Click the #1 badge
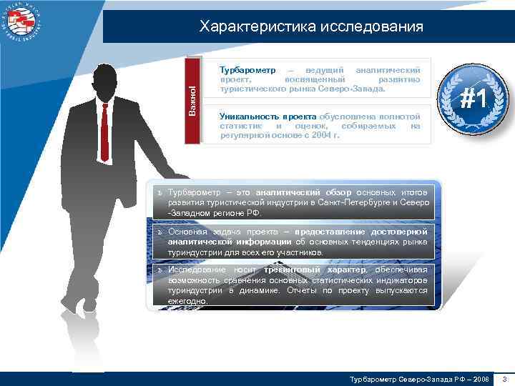[468, 98]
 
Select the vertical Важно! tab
[192, 100]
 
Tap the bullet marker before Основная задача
[161, 232]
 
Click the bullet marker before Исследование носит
[161, 270]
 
